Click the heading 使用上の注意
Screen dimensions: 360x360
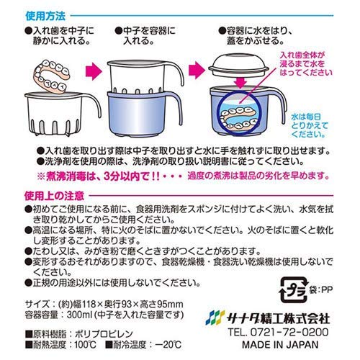(x=51, y=195)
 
